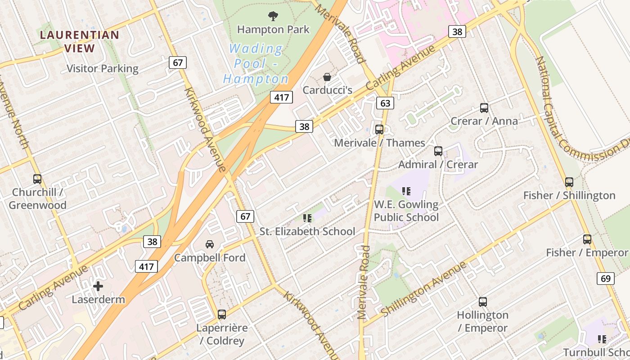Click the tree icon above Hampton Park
point(273,17)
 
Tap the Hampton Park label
point(273,30)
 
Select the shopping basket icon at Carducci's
point(327,77)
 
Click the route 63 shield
point(385,103)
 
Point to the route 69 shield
point(606,279)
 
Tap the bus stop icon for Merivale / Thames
point(379,130)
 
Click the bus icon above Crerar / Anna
point(484,108)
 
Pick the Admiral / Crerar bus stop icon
point(438,151)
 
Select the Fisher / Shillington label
point(569,195)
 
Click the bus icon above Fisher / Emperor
point(587,239)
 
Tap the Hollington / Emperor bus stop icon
point(483,302)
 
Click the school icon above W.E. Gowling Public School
point(406,191)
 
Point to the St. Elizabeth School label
point(307,231)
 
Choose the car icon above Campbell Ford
point(210,244)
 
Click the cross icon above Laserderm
point(98,286)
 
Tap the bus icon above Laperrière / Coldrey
point(222,315)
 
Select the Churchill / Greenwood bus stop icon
point(37,179)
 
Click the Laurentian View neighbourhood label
point(80,41)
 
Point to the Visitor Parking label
point(103,68)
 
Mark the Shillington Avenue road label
point(424,288)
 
